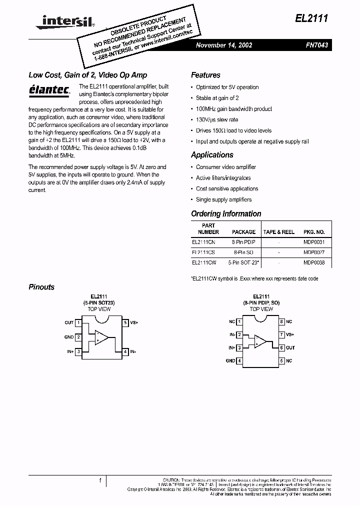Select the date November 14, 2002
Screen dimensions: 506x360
pyautogui.click(x=224, y=45)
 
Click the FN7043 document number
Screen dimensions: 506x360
pyautogui.click(x=317, y=45)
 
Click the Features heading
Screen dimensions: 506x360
pyautogui.click(x=205, y=75)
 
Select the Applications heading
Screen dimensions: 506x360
pyautogui.click(x=212, y=155)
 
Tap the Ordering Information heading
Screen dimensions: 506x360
pyautogui.click(x=226, y=214)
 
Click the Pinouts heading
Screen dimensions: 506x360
pyautogui.click(x=41, y=287)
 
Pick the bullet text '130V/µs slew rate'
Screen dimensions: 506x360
pyautogui.click(x=217, y=119)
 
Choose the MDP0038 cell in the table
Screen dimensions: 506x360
pyautogui.click(x=314, y=262)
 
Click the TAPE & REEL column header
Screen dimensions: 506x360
pyautogui.click(x=279, y=232)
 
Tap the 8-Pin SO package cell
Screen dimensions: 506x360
pyautogui.click(x=243, y=252)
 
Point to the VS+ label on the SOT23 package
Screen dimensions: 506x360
pyautogui.click(x=134, y=323)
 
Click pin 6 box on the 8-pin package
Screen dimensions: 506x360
pyautogui.click(x=281, y=348)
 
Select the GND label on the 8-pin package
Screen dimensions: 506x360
pyautogui.click(x=230, y=360)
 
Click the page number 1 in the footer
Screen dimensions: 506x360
pyautogui.click(x=100, y=480)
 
